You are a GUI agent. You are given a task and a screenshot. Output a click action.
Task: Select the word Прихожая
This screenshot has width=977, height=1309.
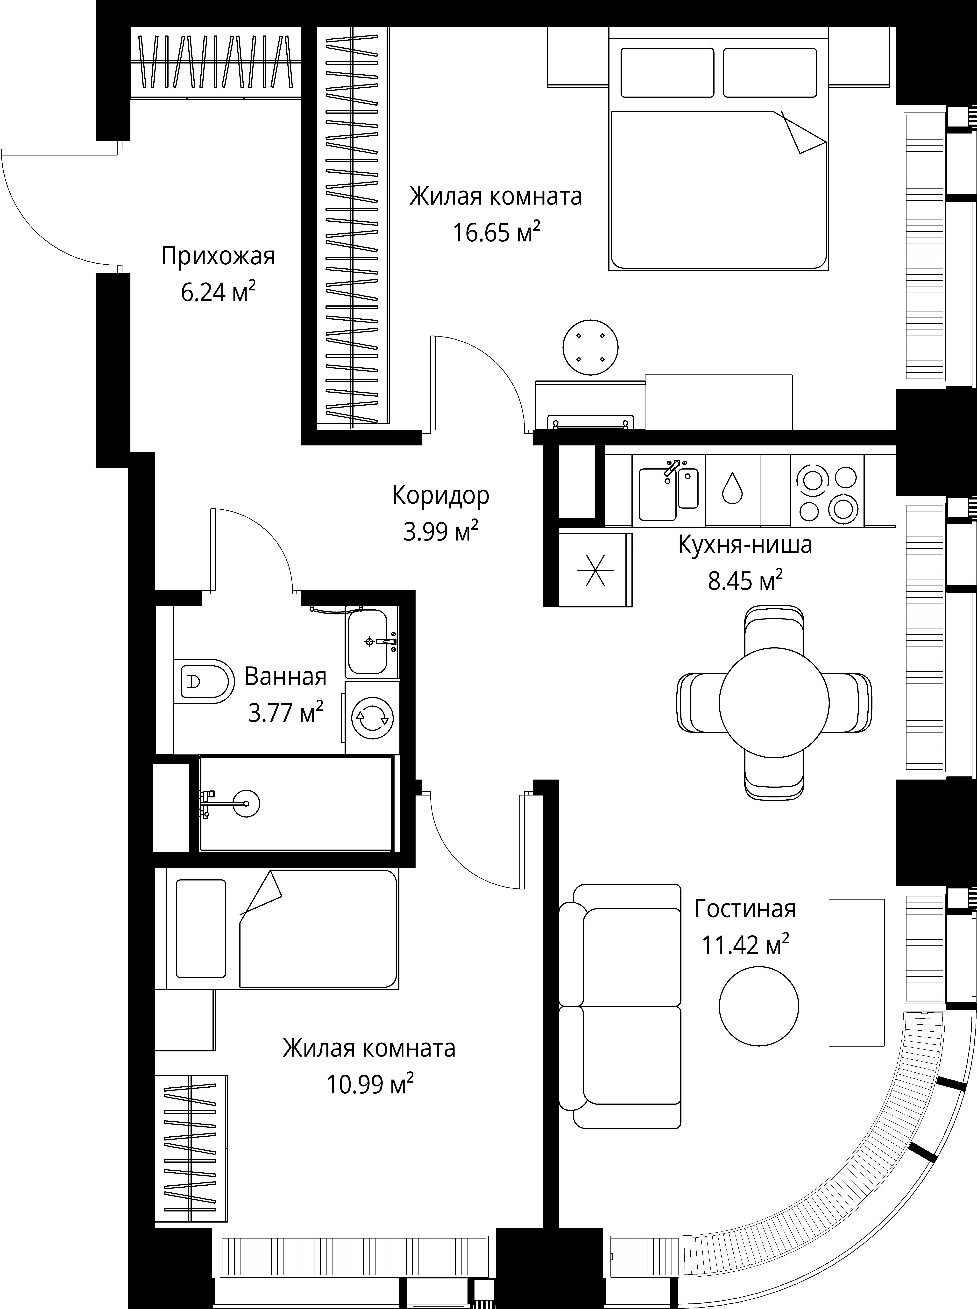[x=218, y=257]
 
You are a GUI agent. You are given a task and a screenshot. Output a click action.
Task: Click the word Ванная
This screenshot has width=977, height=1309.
[x=286, y=676]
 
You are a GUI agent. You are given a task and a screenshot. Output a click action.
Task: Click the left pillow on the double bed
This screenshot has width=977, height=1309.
[x=667, y=72]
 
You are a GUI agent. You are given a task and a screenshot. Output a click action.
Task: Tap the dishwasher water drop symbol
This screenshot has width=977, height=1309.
[x=732, y=488]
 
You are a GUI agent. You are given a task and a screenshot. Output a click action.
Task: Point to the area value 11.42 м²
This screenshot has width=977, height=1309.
[x=745, y=945]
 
